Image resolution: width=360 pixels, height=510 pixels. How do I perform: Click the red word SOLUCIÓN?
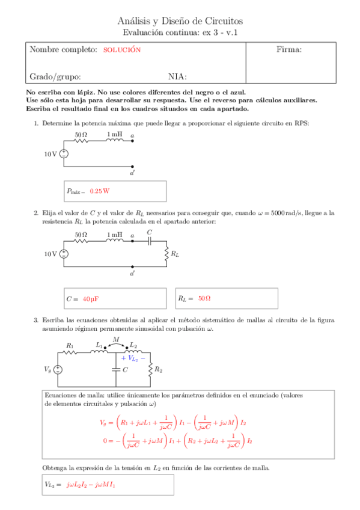pyautogui.click(x=121, y=50)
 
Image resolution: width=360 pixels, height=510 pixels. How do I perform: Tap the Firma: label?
pyautogui.click(x=288, y=49)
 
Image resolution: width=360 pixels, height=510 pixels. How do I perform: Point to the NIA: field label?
pyautogui.click(x=177, y=76)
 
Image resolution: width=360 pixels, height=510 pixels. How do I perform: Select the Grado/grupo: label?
pyautogui.click(x=55, y=76)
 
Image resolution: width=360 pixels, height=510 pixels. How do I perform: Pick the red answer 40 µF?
pyautogui.click(x=91, y=299)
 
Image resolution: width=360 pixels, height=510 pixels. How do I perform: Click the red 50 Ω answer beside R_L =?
pyautogui.click(x=204, y=298)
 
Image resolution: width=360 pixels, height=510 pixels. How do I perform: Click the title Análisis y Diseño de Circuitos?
pyautogui.click(x=180, y=20)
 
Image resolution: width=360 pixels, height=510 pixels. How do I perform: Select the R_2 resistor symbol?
pyautogui.click(x=150, y=369)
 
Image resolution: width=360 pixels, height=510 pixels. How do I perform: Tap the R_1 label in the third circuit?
pyautogui.click(x=70, y=345)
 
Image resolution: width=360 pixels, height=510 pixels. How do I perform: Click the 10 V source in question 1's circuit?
pyautogui.click(x=64, y=154)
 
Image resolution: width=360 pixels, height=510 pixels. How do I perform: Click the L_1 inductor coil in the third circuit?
pyautogui.click(x=98, y=351)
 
